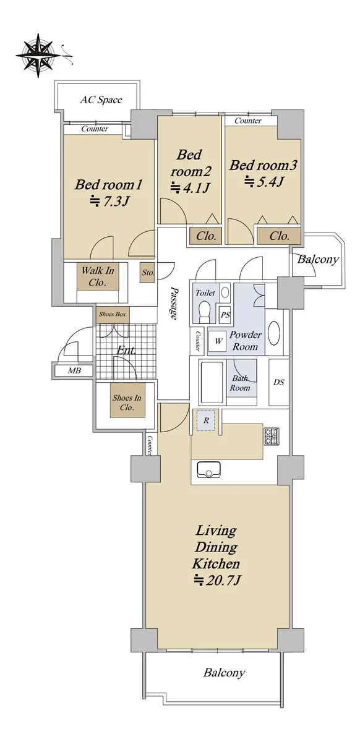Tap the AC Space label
(101, 100)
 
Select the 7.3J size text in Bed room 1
(109, 201)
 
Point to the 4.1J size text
(190, 188)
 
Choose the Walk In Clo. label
(98, 276)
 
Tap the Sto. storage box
(147, 273)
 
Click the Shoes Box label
(113, 314)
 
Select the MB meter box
(74, 370)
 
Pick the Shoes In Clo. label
(127, 402)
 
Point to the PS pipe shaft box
(225, 314)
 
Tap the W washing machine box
(218, 341)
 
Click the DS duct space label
(279, 382)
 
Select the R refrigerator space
(206, 420)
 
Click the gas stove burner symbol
(272, 437)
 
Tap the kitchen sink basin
(209, 470)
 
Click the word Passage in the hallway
(174, 304)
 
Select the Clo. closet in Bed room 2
(206, 236)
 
